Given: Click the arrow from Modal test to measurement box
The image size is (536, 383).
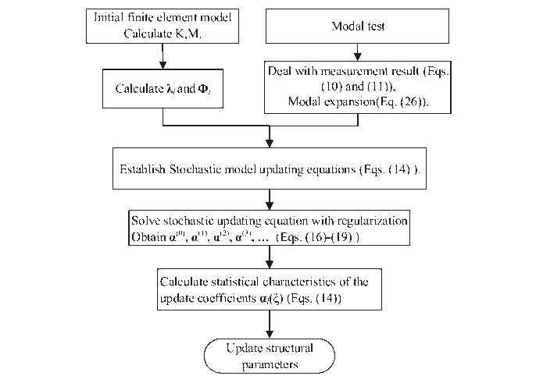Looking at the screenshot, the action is pyautogui.click(x=358, y=52).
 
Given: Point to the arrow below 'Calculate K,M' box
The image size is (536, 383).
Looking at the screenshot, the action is pyautogui.click(x=163, y=56).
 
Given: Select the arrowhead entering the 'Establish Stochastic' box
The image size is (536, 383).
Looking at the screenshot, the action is pyautogui.click(x=270, y=144).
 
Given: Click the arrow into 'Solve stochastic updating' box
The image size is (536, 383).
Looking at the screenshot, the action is pyautogui.click(x=270, y=200).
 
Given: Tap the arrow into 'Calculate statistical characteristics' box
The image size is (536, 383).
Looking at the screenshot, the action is pyautogui.click(x=270, y=257).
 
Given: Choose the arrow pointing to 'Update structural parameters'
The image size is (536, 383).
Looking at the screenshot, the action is pyautogui.click(x=270, y=324).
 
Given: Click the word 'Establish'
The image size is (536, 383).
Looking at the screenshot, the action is pyautogui.click(x=142, y=169).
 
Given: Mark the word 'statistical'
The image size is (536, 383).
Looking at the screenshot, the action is pyautogui.click(x=235, y=282).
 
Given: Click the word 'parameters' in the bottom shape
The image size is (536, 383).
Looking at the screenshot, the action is pyautogui.click(x=270, y=365).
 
